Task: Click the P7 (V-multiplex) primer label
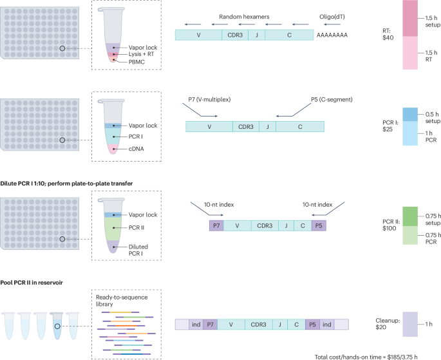click(x=209, y=99)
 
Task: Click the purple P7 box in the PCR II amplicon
click(x=216, y=226)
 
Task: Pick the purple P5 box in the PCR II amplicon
click(x=319, y=226)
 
